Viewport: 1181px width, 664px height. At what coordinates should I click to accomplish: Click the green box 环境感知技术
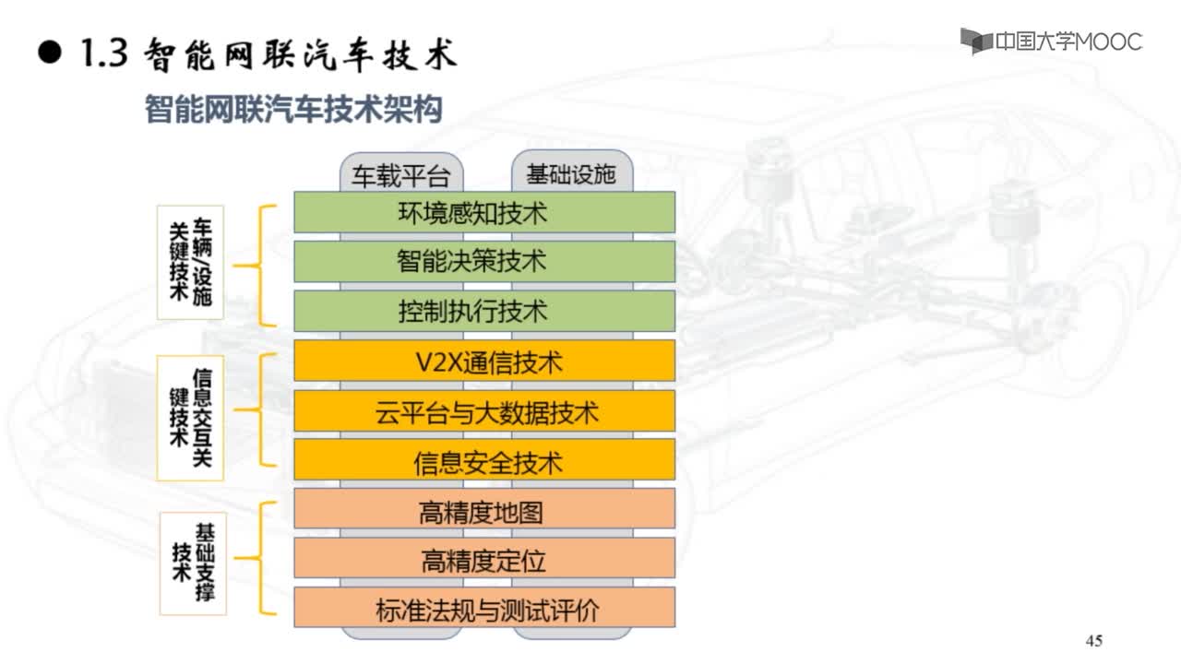coord(484,212)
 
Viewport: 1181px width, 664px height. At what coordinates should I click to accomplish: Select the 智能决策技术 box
coord(484,261)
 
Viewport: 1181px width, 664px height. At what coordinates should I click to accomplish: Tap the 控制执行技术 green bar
coord(484,311)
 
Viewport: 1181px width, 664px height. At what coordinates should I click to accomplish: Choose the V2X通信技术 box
coord(484,361)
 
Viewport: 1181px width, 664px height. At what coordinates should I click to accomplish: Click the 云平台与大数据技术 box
coord(484,410)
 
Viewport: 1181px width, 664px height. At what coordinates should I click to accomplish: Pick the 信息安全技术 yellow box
coord(484,460)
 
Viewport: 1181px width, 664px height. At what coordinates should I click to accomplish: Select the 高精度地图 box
coord(484,508)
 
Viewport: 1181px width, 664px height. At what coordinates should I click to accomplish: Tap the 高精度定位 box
coord(484,558)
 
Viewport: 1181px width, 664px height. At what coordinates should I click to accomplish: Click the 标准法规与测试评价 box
coord(484,607)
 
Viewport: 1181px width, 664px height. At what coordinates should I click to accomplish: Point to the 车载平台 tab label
coord(401,175)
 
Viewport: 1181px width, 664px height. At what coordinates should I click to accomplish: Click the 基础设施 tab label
coord(571,174)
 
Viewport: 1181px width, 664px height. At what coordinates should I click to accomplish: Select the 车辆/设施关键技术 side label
coord(190,263)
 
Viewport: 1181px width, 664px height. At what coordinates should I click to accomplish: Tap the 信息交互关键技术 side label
coord(190,418)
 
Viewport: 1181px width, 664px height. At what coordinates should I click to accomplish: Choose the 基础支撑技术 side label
coord(193,563)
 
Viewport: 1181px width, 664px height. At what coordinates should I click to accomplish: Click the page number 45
coord(1094,641)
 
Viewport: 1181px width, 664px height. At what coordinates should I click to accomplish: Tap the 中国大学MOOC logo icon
coord(976,41)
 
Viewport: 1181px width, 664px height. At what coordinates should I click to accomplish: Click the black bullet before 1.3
coord(50,53)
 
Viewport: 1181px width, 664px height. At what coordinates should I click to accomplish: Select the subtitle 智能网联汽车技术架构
coord(293,109)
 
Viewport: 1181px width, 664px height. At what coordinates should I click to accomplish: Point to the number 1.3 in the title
coord(104,53)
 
